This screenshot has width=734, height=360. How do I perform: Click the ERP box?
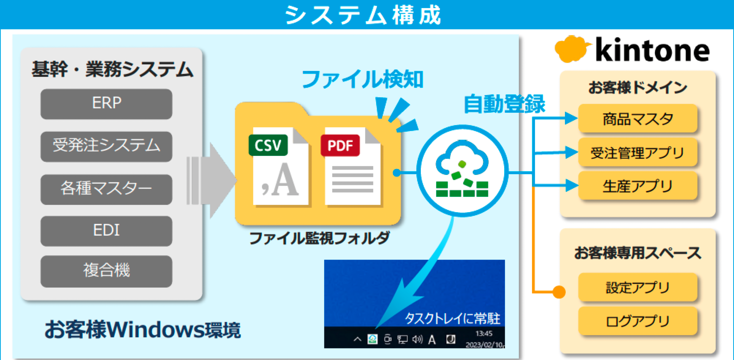click(x=106, y=104)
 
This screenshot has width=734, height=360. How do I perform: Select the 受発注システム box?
click(x=106, y=146)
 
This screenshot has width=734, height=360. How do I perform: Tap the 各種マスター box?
click(x=106, y=189)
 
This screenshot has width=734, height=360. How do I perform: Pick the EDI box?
click(x=106, y=231)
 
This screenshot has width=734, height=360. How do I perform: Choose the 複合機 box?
click(x=106, y=271)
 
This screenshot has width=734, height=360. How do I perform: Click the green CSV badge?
click(x=268, y=145)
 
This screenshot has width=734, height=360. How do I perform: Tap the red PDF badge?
click(x=340, y=145)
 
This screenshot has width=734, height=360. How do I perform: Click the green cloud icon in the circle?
click(x=462, y=170)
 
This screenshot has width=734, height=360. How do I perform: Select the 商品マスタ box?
click(x=637, y=119)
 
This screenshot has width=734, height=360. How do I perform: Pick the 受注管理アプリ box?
click(x=637, y=152)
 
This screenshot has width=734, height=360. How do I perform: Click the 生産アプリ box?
click(x=637, y=186)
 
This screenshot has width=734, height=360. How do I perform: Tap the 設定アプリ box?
click(x=637, y=287)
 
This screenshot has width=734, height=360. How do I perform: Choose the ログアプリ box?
click(x=637, y=321)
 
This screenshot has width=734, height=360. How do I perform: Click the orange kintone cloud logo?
click(x=572, y=49)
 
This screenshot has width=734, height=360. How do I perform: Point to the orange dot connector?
click(x=559, y=292)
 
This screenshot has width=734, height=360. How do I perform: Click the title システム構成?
click(x=363, y=15)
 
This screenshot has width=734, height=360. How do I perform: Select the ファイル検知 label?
click(x=362, y=79)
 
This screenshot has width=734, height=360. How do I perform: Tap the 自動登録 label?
click(x=504, y=104)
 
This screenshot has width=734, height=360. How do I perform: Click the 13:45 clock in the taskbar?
click(x=484, y=334)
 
